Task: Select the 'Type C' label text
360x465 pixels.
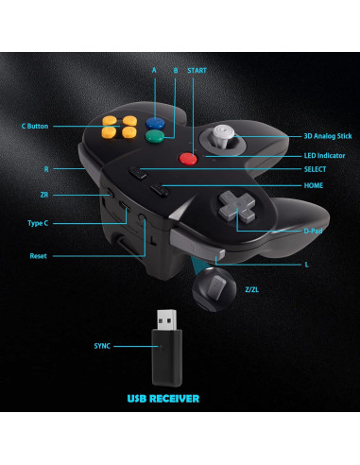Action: tap(39, 224)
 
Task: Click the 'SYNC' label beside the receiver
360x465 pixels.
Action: tap(102, 346)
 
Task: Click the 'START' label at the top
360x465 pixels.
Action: tap(197, 70)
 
